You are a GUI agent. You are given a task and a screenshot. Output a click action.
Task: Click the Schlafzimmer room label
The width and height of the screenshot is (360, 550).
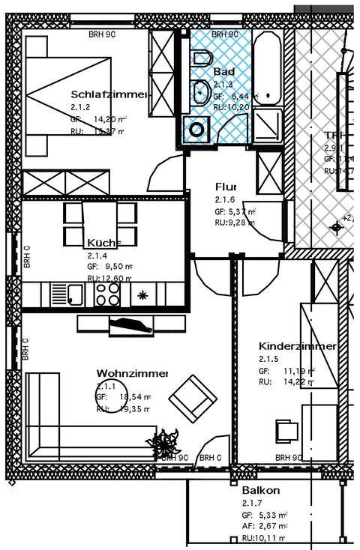[x=109, y=94]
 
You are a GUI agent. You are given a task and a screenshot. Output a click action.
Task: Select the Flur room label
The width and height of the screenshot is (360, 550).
[x=226, y=187]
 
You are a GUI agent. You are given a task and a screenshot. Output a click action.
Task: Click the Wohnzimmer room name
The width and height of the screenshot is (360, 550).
[x=132, y=373]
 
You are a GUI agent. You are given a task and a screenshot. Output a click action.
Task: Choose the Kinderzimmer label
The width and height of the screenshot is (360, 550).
[x=296, y=346]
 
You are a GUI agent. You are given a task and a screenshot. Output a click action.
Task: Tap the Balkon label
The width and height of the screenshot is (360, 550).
[x=261, y=490]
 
